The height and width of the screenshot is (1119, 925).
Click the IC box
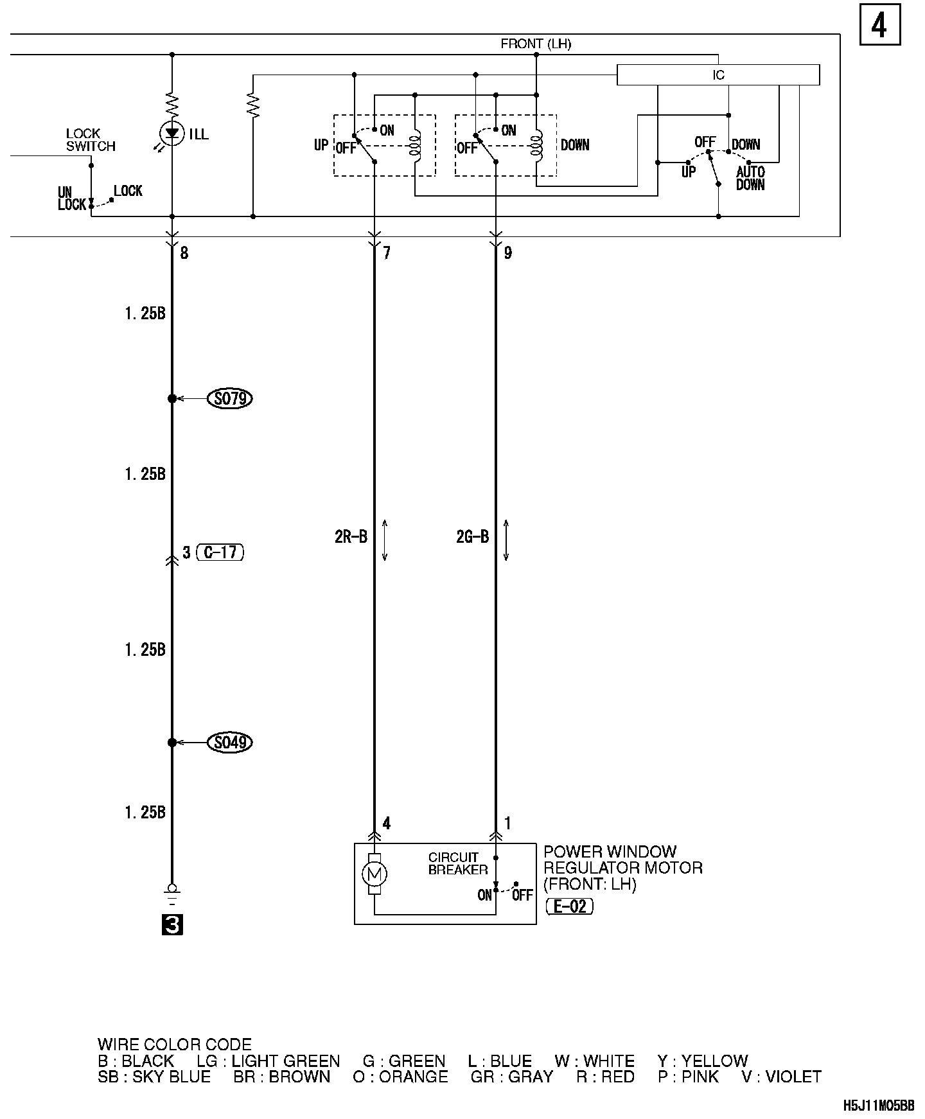point(718,75)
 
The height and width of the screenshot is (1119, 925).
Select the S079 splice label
point(230,399)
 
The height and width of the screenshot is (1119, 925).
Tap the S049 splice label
point(230,743)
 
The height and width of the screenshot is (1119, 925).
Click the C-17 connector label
point(220,552)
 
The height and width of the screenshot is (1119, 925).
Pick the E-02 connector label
point(569,906)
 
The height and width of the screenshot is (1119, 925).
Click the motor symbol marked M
point(374,874)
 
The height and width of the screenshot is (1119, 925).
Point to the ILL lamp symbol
point(172,134)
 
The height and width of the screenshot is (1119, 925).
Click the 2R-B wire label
point(351,537)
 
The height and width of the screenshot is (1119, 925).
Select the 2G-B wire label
point(472,537)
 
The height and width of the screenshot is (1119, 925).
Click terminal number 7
point(386,253)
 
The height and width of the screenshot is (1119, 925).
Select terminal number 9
point(507,253)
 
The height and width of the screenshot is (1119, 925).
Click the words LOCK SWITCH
point(91,140)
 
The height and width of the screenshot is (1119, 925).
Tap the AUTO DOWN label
point(750,178)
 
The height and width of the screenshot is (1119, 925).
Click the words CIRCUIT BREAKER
point(458,863)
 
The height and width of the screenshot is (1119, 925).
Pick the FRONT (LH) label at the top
point(536,44)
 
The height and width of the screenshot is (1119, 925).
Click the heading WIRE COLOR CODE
point(175,1045)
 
